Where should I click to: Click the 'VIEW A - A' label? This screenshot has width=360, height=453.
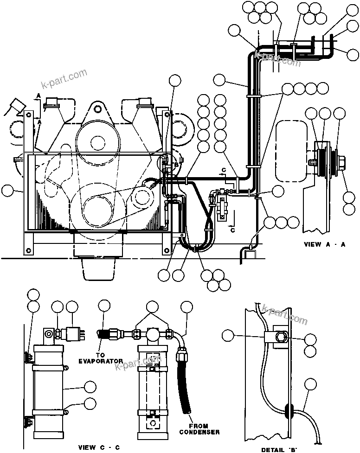324,245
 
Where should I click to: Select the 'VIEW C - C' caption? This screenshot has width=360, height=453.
98,447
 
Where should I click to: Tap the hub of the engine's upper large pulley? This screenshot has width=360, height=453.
97,140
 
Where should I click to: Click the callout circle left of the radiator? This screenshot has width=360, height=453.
8,190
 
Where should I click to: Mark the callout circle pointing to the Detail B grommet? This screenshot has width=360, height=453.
310,384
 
